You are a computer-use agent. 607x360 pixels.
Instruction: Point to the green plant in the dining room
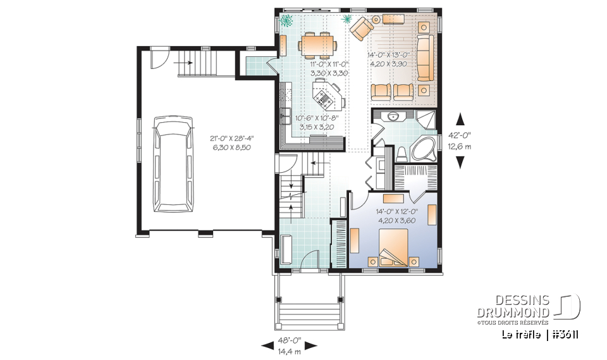[x=288, y=20]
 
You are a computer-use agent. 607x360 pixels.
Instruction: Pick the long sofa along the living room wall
[x=423, y=58]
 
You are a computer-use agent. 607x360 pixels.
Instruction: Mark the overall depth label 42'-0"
[x=460, y=134]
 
